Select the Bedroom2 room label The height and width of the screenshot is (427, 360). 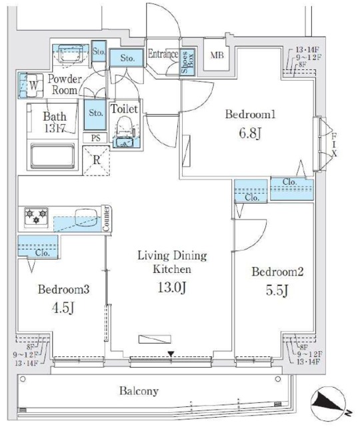[x=277, y=272]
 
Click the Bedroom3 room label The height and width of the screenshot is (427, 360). [x=63, y=290]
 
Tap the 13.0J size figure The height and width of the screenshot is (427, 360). [x=172, y=288]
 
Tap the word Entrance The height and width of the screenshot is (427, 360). [x=163, y=54]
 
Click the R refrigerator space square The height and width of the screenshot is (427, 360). [x=97, y=159]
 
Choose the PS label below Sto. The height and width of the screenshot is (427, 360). [x=96, y=138]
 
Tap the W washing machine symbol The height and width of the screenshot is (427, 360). [x=33, y=85]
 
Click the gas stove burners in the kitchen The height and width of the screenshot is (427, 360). [x=35, y=217]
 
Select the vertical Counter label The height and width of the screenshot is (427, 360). [x=107, y=219]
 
